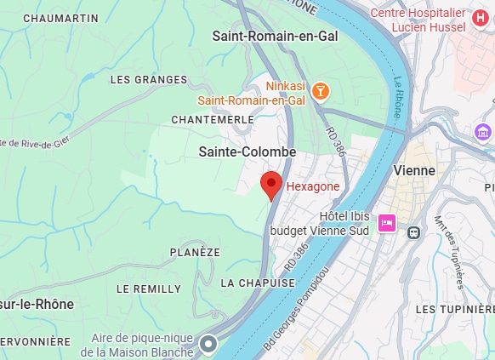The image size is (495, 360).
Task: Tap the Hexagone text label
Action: (x=312, y=186)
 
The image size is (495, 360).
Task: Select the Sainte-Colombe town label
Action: (x=247, y=151)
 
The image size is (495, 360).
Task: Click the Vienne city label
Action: (x=414, y=170)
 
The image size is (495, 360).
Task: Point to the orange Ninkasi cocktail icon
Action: (x=320, y=90)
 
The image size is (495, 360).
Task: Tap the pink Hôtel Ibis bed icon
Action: (x=387, y=223)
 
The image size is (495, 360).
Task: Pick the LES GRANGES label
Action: (x=148, y=80)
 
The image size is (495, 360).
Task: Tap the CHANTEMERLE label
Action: (x=213, y=120)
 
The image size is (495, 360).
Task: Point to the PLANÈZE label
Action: (x=195, y=253)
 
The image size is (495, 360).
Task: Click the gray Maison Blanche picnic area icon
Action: (x=209, y=345)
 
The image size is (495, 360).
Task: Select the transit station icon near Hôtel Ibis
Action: (x=414, y=231)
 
